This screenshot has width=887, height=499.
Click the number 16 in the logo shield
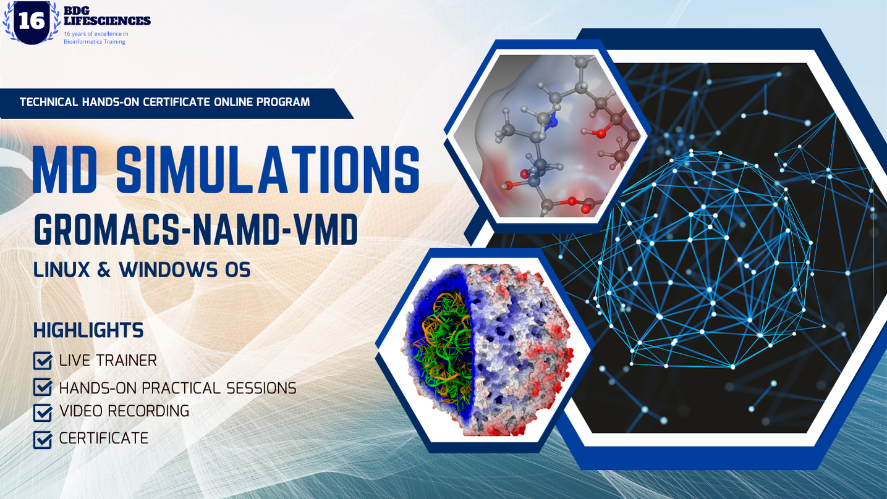[32, 21]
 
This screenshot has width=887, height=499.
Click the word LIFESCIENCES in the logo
[107, 21]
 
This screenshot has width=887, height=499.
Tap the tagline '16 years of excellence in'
[96, 33]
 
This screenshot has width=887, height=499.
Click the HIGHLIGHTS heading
[88, 330]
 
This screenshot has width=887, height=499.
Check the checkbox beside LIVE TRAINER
[43, 361]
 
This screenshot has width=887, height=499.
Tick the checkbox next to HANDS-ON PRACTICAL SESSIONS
[43, 388]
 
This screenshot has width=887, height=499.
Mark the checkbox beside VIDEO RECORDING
[43, 412]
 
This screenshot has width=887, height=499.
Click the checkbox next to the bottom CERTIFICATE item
[43, 440]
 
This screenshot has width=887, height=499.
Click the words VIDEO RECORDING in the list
[124, 411]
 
